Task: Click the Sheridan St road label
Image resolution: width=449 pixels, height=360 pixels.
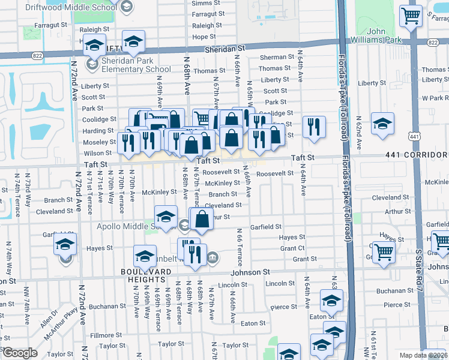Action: pos(225,53)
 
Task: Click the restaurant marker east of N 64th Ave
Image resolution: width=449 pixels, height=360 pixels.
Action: pos(314,127)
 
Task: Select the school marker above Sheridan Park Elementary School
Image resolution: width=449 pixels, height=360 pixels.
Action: pos(95,46)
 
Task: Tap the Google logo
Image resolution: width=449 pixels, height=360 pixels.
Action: pos(20,353)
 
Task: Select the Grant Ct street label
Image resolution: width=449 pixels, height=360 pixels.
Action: pos(292,248)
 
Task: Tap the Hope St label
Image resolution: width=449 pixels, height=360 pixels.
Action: pos(204,37)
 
